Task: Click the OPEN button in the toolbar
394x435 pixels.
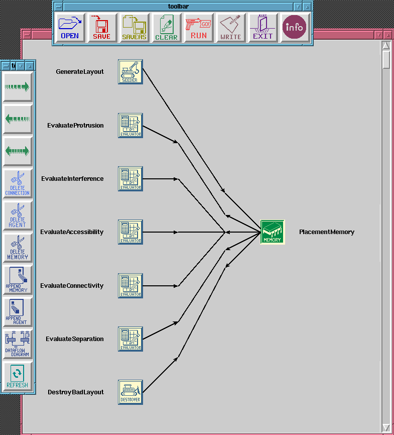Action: point(70,28)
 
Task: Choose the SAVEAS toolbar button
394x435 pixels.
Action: point(134,28)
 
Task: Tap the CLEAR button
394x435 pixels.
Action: point(166,28)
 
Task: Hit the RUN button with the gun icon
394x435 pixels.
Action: point(199,28)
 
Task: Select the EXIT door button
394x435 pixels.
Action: point(262,28)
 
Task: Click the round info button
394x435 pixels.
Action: point(295,28)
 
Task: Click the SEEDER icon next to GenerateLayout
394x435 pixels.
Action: point(130,72)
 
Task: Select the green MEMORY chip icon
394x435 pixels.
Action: point(273,232)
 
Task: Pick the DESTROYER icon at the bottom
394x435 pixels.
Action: point(130,392)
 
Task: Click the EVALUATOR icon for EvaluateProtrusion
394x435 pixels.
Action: point(130,126)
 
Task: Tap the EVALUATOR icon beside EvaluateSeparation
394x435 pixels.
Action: point(130,339)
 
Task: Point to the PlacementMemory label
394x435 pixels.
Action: point(327,232)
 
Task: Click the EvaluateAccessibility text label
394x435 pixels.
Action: point(72,232)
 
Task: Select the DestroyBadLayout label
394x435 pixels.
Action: point(75,392)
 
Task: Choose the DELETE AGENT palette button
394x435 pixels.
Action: point(18,215)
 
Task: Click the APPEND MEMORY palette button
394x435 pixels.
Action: point(18,280)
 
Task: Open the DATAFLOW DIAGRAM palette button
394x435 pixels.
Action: point(18,344)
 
